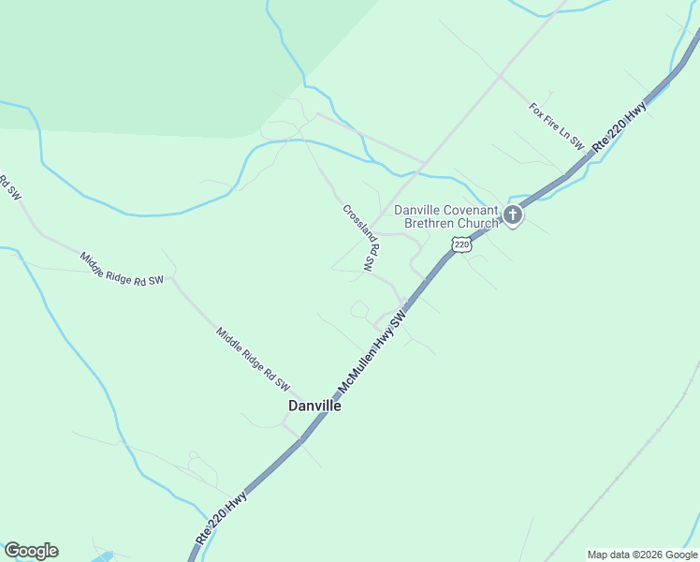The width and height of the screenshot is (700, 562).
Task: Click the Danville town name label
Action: (x=314, y=407)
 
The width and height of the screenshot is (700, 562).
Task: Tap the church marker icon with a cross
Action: (x=512, y=215)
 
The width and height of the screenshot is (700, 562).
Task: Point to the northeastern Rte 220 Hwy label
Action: (x=620, y=126)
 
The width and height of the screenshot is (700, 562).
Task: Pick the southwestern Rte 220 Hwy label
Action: (x=223, y=516)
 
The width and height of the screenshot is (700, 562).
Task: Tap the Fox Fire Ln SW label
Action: (x=556, y=127)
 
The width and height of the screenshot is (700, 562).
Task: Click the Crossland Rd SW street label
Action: (x=360, y=239)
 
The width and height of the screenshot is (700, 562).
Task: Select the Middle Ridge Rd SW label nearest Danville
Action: (x=254, y=360)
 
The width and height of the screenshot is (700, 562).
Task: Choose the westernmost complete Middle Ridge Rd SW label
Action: (x=122, y=268)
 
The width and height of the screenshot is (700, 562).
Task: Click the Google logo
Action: (x=31, y=551)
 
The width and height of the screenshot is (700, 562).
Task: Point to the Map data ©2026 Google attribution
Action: (x=642, y=555)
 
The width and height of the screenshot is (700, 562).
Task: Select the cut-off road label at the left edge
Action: (x=8, y=186)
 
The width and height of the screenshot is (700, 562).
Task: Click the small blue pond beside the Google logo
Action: (x=101, y=556)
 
